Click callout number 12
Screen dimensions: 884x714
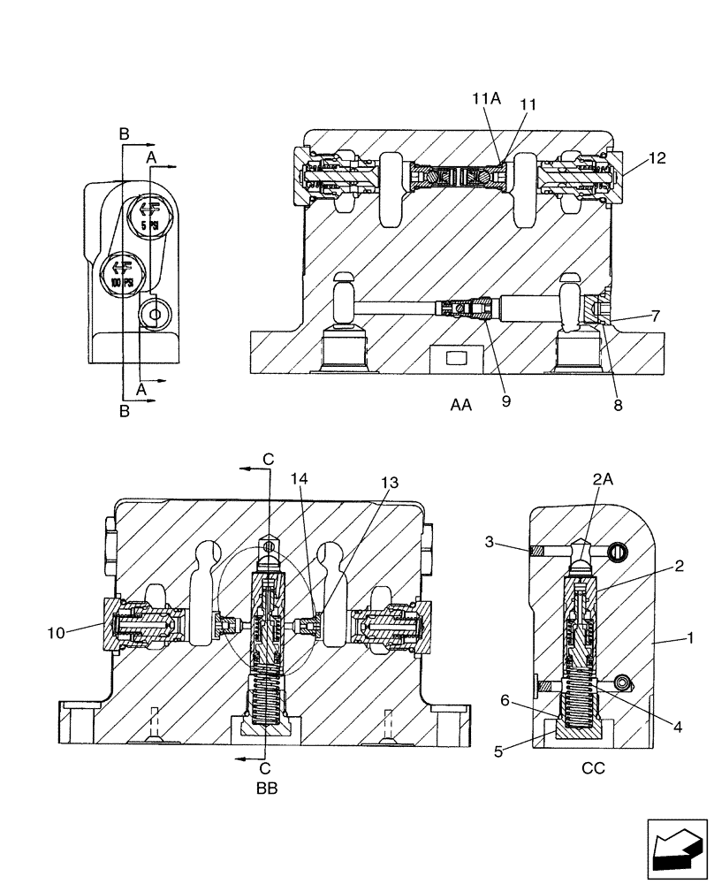(656, 159)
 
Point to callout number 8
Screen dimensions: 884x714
(618, 406)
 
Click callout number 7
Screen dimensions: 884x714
(655, 314)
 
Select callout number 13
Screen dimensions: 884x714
(390, 484)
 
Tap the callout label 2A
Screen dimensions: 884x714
(603, 478)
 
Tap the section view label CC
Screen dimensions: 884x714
(593, 768)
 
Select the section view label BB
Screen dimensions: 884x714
(266, 789)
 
